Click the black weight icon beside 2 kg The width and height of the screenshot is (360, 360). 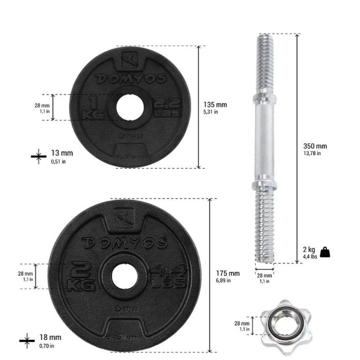pos(325,252)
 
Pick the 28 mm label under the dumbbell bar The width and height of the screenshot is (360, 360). pos(264,278)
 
